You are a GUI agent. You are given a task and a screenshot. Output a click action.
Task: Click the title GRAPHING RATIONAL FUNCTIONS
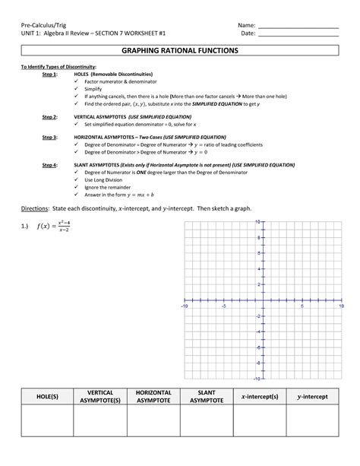pos(180,50)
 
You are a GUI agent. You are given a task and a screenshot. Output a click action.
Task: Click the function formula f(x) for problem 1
pos(57,226)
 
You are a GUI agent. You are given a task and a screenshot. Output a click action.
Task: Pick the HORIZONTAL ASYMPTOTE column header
pos(153,396)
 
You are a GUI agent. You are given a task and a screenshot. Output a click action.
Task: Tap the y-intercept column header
pos(312,397)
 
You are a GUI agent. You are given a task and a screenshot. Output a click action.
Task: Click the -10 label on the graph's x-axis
pos(183,306)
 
